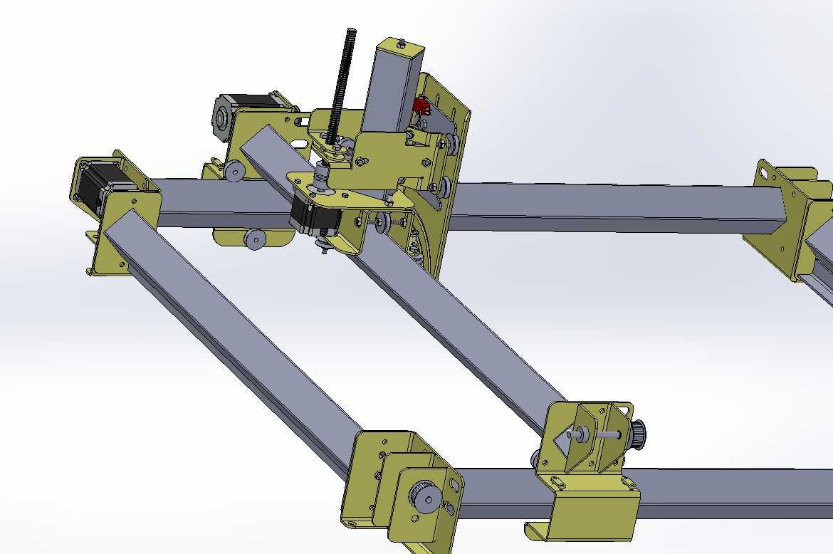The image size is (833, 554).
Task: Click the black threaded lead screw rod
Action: pos(342,78)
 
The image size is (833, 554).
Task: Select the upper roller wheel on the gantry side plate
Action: pos(233,171)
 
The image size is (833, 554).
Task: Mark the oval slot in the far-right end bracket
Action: pos(765,172)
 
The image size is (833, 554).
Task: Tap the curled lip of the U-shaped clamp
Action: pos(534,531)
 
